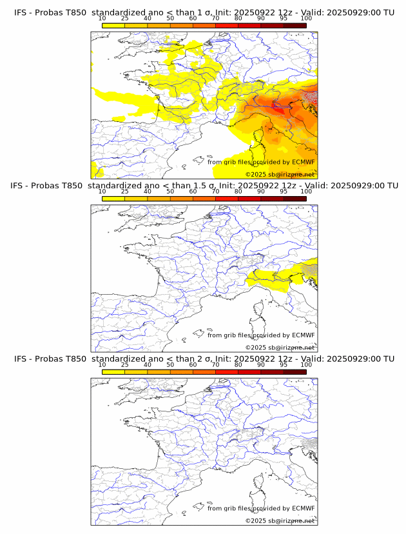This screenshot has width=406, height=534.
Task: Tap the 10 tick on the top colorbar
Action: coord(102,19)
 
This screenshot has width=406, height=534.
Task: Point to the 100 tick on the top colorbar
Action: coord(306,19)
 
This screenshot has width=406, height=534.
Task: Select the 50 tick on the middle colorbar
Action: coord(170,192)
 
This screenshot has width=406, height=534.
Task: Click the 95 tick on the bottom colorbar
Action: coord(284,364)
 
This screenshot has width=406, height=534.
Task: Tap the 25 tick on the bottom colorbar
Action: coord(125,364)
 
